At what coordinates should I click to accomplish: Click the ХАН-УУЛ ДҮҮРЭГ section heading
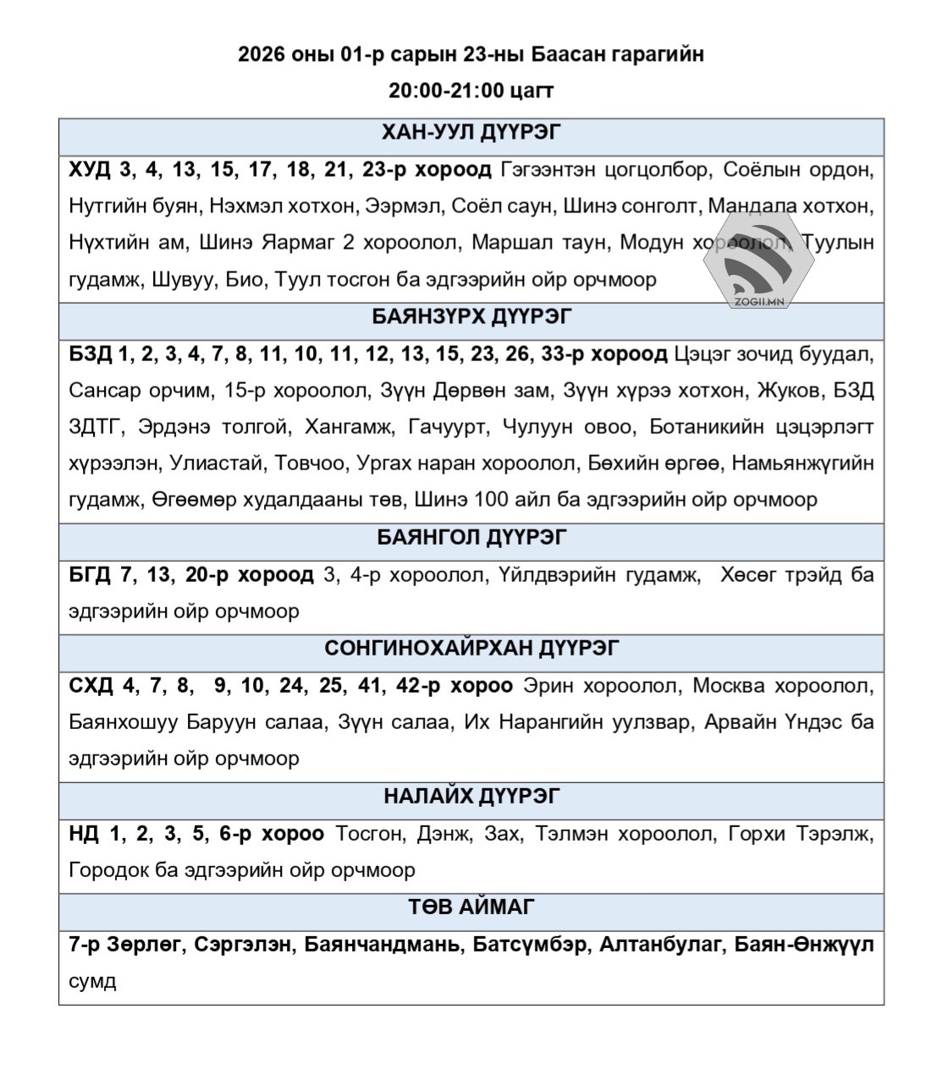471,133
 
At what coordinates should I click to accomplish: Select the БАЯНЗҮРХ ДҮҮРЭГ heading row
471,316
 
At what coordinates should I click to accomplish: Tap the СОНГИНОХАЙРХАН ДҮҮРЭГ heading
471,648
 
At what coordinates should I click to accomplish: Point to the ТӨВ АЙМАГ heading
471,907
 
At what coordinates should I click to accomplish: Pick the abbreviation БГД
90,575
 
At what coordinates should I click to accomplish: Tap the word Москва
727,685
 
